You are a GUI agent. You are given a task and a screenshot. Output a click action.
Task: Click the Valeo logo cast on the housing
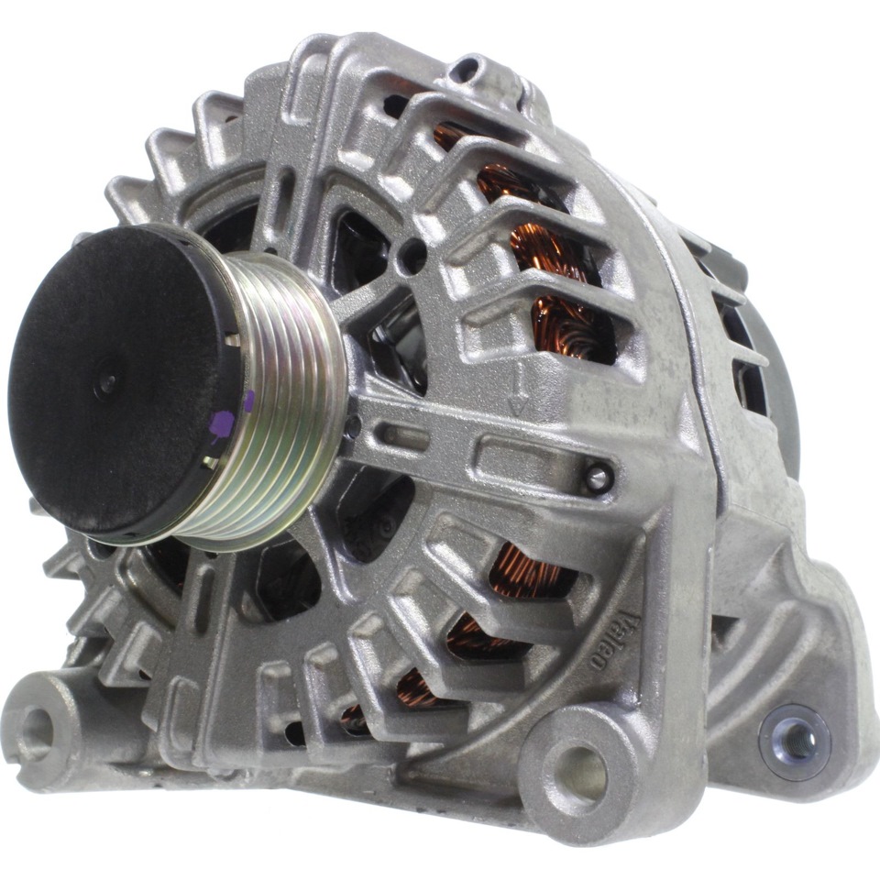tap(616, 640)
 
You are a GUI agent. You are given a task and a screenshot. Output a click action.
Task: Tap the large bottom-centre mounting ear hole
tap(581, 772)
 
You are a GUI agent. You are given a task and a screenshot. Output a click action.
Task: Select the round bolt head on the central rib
tap(599, 477)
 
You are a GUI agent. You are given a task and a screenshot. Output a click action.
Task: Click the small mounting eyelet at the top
tap(465, 71)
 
